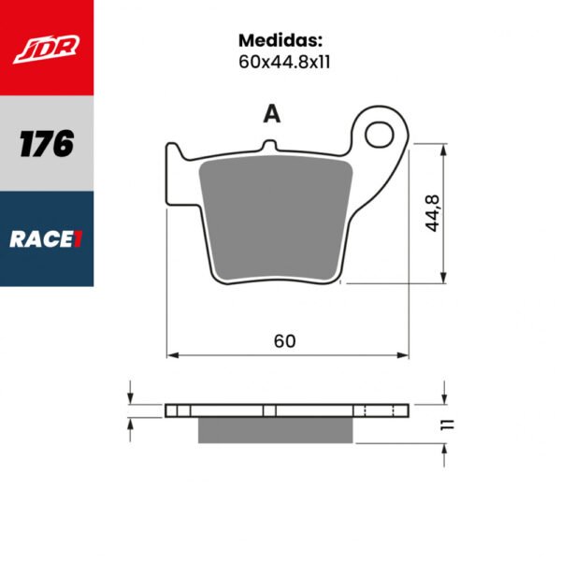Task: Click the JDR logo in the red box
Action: tap(46, 47)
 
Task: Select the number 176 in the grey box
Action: tap(46, 143)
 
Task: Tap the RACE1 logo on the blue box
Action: tap(46, 238)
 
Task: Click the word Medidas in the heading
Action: tap(280, 41)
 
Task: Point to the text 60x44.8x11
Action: tap(280, 65)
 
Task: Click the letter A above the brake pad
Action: tap(271, 114)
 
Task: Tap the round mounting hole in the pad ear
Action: tap(381, 135)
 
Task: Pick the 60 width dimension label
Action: tap(285, 342)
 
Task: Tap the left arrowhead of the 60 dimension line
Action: tap(171, 355)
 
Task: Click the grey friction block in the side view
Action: tap(277, 429)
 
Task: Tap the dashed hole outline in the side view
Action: tap(381, 410)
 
